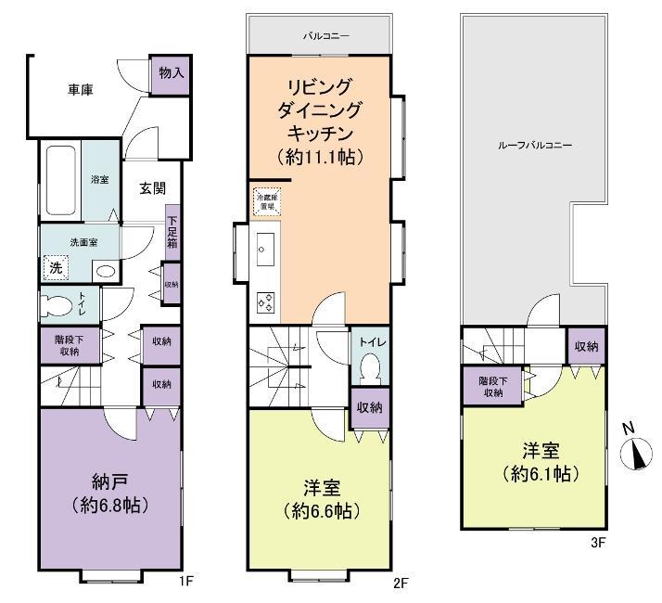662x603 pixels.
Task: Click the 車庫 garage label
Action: (82, 90)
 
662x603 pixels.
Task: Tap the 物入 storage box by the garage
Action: (171, 72)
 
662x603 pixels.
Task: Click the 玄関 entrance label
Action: (153, 187)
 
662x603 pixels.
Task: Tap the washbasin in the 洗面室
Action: (105, 272)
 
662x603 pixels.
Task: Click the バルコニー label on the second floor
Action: (319, 38)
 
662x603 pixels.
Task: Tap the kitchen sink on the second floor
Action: (262, 250)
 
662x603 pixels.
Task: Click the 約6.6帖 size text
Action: (321, 511)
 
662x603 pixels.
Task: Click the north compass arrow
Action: (635, 453)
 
